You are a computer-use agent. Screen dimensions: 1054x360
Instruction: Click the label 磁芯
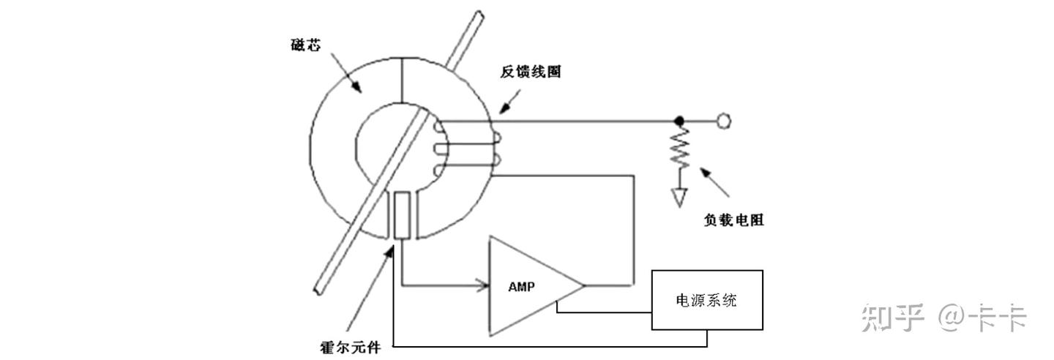click(306, 45)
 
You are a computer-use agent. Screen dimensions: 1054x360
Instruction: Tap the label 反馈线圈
click(530, 72)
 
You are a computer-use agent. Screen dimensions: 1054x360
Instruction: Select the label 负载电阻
click(733, 220)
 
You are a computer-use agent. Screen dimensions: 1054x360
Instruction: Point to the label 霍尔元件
click(350, 348)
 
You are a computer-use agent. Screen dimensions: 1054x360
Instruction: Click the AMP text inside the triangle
click(521, 287)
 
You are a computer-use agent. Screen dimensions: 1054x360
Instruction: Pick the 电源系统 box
click(707, 300)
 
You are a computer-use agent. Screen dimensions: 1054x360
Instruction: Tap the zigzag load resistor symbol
click(679, 147)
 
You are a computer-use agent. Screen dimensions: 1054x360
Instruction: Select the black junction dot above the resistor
click(679, 121)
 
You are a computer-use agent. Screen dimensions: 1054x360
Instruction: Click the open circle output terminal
click(724, 121)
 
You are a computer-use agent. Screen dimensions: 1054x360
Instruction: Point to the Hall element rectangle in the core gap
click(402, 216)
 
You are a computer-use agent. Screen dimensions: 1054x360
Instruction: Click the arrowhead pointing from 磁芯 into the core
click(356, 87)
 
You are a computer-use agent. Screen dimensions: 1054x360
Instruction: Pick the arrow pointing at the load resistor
click(714, 181)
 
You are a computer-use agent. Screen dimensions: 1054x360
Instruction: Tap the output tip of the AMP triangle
click(584, 285)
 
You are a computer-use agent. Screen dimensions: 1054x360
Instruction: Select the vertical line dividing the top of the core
click(403, 80)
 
